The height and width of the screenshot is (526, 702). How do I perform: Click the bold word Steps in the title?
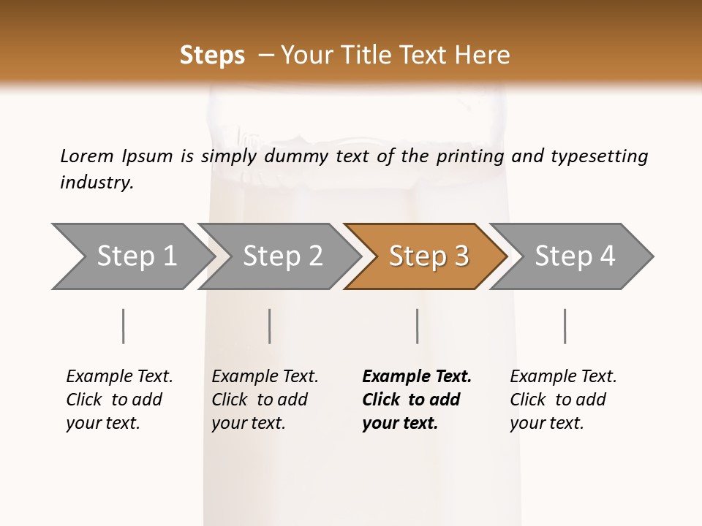[x=212, y=56]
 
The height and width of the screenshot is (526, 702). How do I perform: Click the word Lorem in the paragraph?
[x=86, y=156]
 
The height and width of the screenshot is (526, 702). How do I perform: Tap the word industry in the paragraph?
[x=96, y=182]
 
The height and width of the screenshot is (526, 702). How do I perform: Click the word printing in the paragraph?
[x=470, y=156]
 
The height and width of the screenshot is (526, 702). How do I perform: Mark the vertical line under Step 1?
[x=124, y=326]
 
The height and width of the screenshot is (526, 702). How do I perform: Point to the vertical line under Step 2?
[x=270, y=326]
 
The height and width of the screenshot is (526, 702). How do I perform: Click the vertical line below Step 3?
[x=418, y=326]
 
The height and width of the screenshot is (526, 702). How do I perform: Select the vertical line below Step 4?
[x=565, y=326]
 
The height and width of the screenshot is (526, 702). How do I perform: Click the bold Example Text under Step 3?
[x=417, y=377]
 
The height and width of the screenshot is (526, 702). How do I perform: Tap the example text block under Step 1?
[x=118, y=400]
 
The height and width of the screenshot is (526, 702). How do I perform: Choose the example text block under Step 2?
[x=265, y=400]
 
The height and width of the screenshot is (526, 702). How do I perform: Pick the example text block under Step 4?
[x=562, y=400]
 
